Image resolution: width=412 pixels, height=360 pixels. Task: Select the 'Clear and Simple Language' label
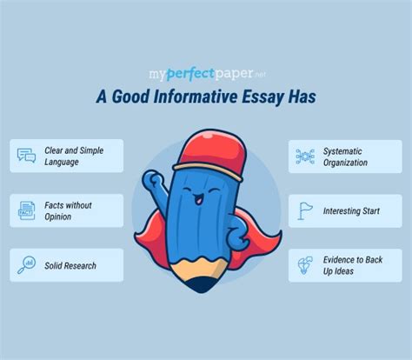click(x=76, y=157)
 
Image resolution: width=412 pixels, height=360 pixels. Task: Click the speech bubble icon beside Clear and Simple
click(x=25, y=157)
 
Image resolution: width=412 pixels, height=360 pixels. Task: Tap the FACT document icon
click(x=25, y=210)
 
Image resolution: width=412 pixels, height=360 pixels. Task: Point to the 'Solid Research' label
click(x=72, y=265)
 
